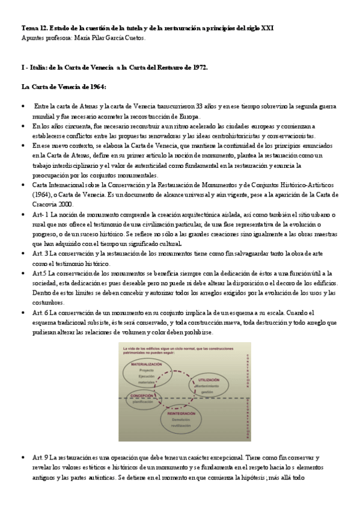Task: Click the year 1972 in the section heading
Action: click(197, 67)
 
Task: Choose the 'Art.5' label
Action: click(41, 273)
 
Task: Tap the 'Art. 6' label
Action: click(42, 312)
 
